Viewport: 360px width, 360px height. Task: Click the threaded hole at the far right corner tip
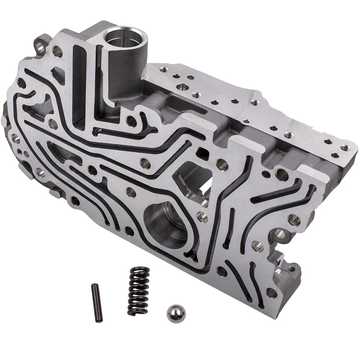[345, 148]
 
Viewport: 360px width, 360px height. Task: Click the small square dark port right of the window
[203, 153]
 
